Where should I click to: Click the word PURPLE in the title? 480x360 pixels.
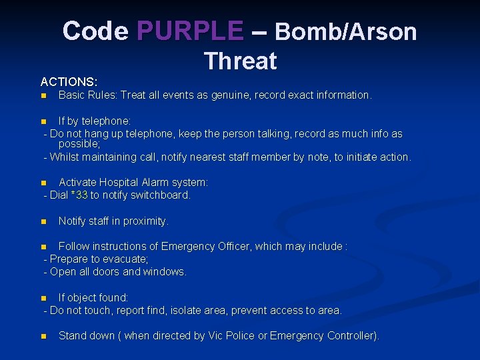[x=190, y=31]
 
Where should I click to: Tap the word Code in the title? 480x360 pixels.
[x=95, y=31]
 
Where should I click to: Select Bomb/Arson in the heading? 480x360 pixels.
[x=345, y=31]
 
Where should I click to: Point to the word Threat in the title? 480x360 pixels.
[x=240, y=61]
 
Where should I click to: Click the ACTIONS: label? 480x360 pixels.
[x=69, y=81]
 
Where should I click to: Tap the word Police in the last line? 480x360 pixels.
[x=238, y=335]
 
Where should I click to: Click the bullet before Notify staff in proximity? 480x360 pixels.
[x=43, y=221]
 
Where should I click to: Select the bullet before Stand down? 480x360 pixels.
[x=43, y=336]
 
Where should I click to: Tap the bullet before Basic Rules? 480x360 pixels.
[x=43, y=96]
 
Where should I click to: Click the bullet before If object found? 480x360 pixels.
[x=43, y=298]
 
